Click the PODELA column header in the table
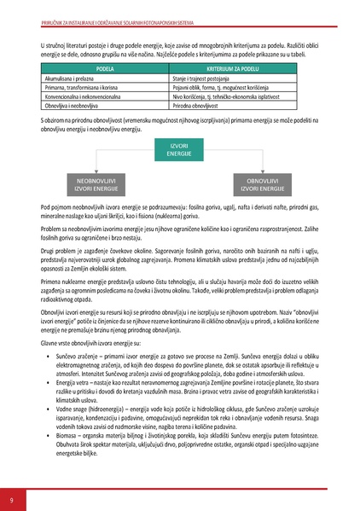[105, 66]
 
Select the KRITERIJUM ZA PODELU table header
[232, 66]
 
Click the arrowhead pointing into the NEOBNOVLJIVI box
[96, 171]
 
